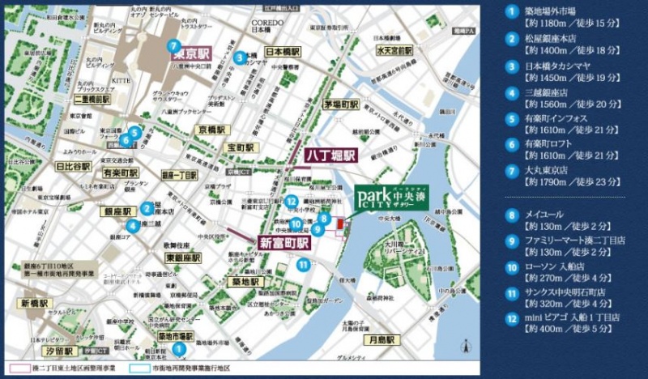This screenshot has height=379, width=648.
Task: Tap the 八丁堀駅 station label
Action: [330, 155]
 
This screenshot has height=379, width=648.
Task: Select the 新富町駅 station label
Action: [284, 243]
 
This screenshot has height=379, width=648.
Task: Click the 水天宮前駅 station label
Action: [394, 50]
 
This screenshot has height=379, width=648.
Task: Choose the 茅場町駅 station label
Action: [341, 104]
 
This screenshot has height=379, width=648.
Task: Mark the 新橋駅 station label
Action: [32, 303]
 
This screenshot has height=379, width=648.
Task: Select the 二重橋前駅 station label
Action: [92, 99]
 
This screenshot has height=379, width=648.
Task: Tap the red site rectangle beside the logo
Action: [340, 224]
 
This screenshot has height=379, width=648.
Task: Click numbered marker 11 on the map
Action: [303, 264]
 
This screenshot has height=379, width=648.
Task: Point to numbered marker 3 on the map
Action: [240, 57]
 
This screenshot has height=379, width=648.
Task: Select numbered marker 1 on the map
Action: [177, 349]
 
